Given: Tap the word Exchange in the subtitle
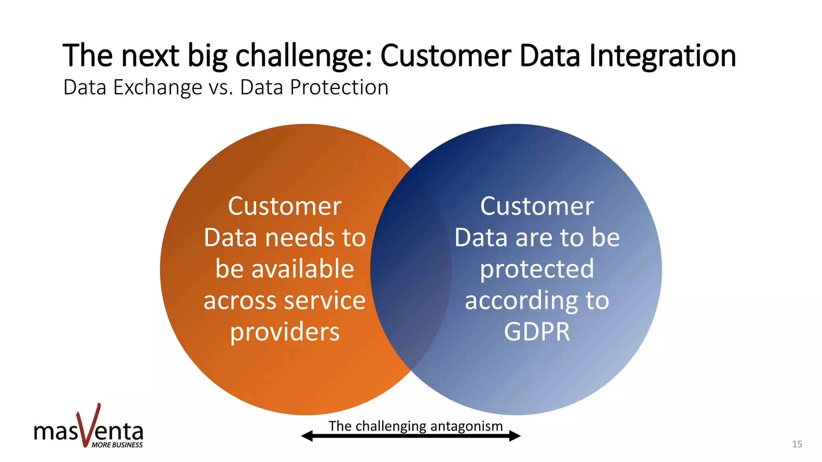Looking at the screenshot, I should [158, 87].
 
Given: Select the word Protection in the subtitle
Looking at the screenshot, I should [339, 87].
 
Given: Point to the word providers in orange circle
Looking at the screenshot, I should [285, 332].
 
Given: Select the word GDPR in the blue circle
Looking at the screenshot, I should [537, 332].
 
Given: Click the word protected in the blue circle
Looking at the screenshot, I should [537, 269].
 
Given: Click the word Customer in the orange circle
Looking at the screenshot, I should [285, 206].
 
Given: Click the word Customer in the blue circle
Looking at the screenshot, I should [537, 206].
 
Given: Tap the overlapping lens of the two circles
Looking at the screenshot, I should [411, 269].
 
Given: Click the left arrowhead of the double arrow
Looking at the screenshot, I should [307, 436].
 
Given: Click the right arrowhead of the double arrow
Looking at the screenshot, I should [515, 436].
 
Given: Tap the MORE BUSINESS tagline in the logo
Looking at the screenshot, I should [117, 445].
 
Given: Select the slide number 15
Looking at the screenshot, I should [797, 444].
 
